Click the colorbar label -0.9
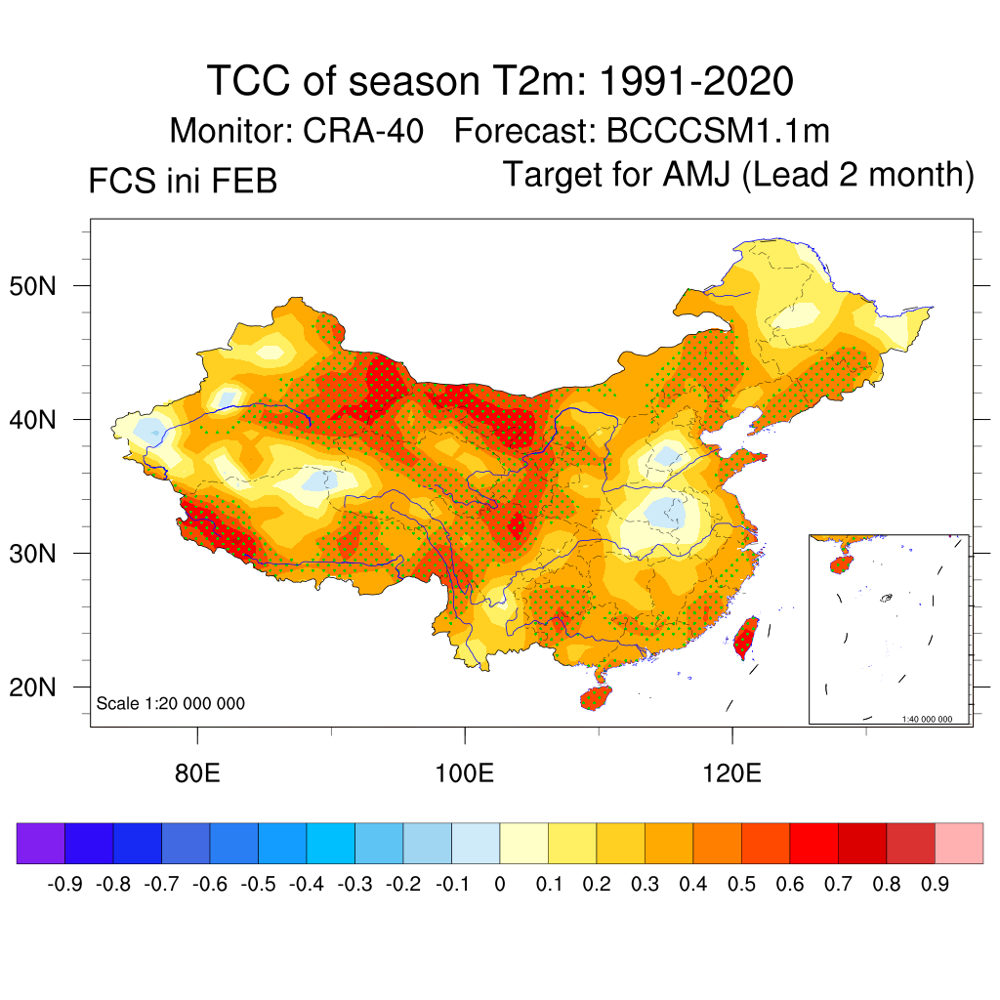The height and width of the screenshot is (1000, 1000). tap(64, 885)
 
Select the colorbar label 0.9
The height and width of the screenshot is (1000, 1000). tap(935, 885)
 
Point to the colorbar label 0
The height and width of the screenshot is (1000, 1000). tap(499, 885)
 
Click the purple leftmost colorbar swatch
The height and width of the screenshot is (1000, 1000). tap(41, 843)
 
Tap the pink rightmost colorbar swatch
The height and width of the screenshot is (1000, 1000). tap(959, 843)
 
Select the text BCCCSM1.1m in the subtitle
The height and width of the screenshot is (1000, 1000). tap(718, 131)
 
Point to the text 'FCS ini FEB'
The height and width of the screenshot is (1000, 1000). tap(183, 181)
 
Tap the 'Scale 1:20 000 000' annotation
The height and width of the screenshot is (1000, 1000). tap(170, 703)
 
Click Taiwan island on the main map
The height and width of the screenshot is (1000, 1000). tap(746, 637)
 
